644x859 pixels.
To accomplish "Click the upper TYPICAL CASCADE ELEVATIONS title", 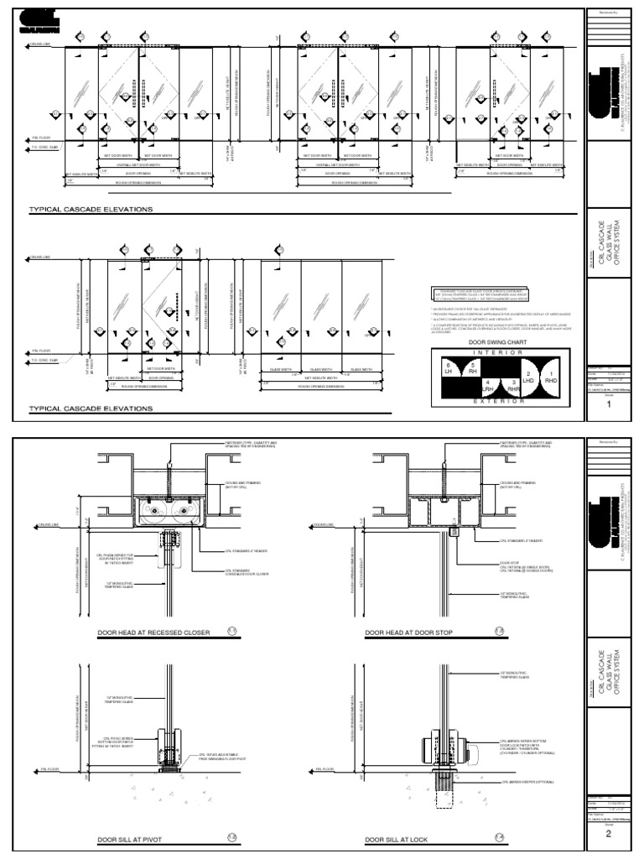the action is tap(91, 209).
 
